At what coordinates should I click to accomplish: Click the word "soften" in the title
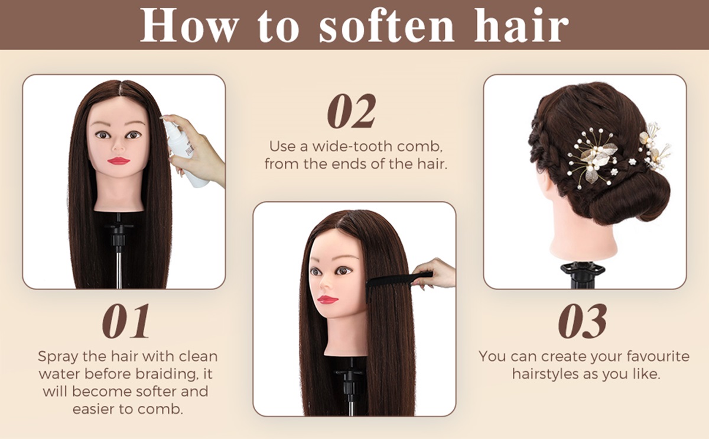(387, 25)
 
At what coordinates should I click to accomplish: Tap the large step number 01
(126, 321)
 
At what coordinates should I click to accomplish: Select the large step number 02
(352, 111)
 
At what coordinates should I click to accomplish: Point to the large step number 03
(583, 321)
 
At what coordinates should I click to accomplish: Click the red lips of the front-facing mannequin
(118, 161)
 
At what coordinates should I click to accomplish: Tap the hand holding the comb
(436, 273)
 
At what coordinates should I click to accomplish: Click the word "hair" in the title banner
(521, 25)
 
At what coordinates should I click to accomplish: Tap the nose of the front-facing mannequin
(118, 145)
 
